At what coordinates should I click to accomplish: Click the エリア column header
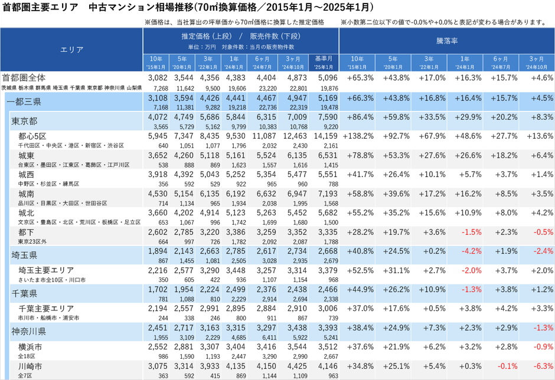(71, 50)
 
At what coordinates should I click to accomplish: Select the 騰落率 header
(447, 42)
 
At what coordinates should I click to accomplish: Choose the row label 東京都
(25, 121)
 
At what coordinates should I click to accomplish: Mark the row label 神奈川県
(29, 331)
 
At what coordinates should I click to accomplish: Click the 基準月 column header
(324, 58)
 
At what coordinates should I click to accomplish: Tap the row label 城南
(26, 194)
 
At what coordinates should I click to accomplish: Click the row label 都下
(26, 232)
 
